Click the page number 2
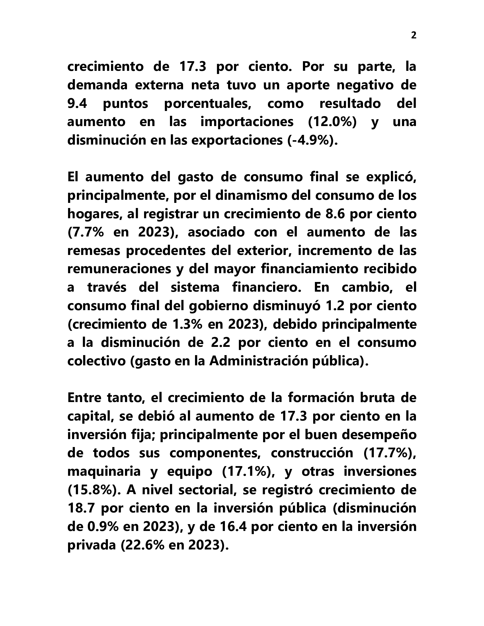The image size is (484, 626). (x=413, y=36)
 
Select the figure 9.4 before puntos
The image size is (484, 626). (x=77, y=104)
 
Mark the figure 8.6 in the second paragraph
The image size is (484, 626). (x=332, y=214)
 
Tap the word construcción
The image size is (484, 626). (x=312, y=453)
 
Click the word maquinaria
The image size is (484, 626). (x=104, y=471)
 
